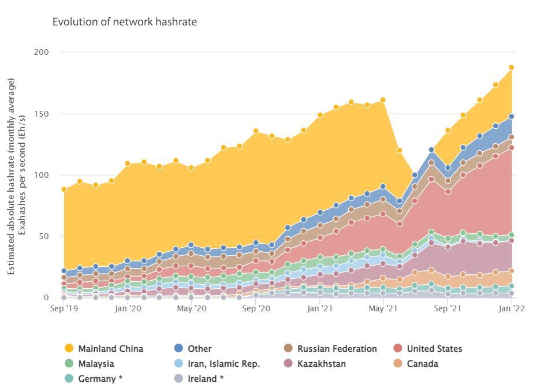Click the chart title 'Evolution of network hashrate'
pos(125,22)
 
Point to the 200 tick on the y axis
pos(42,52)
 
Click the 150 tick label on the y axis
pos(42,114)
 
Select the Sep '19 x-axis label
pos(64,309)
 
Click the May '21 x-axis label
pos(383,309)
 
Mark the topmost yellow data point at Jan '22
pos(511,68)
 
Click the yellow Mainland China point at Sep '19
pos(64,189)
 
